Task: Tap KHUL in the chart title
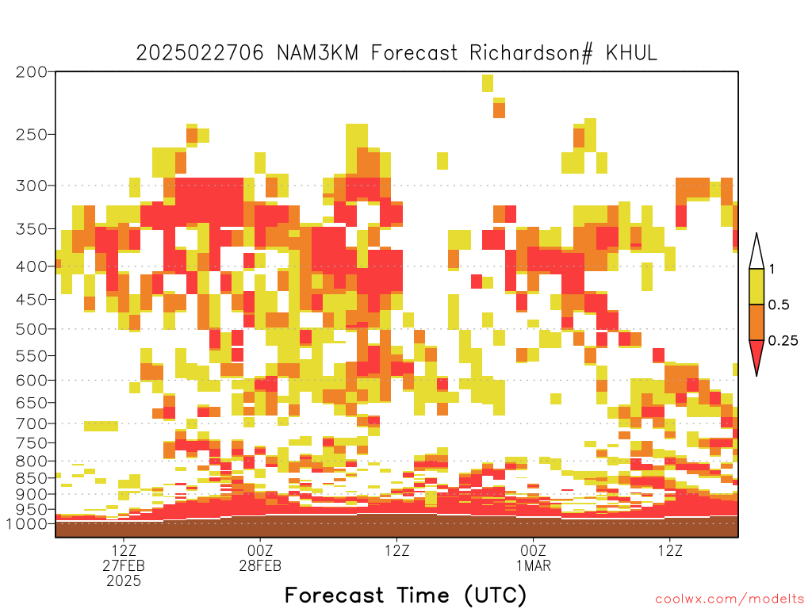click(632, 53)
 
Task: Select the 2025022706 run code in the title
click(200, 53)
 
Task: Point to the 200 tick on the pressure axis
click(31, 72)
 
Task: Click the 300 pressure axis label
click(31, 186)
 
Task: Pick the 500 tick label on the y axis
click(31, 329)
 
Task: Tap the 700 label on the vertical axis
click(31, 423)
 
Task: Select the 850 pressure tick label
click(31, 477)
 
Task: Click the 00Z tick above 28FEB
click(260, 550)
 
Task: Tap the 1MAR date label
click(534, 565)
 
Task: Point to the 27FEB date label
click(124, 565)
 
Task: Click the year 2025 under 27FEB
click(124, 581)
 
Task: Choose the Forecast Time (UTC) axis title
click(405, 595)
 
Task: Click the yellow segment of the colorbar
click(756, 286)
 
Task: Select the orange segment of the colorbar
click(756, 322)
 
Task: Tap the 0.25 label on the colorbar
click(783, 341)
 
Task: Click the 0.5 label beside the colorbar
click(779, 304)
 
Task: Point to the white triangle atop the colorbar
click(756, 252)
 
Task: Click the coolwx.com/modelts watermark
click(730, 599)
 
